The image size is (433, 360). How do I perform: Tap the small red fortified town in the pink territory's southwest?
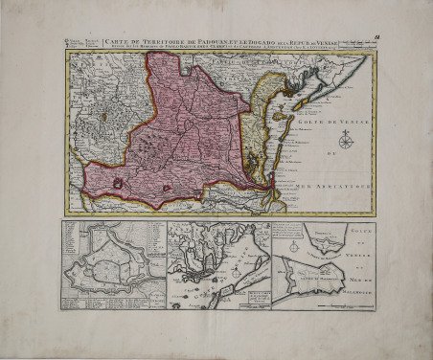[118, 183]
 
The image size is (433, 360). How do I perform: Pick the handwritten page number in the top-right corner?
[376, 37]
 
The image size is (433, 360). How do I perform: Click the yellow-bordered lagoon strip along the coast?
[251, 144]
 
